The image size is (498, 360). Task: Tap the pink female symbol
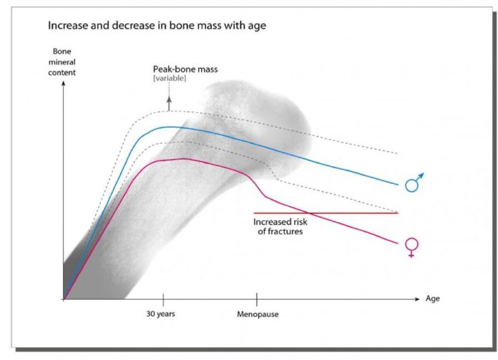[411, 246]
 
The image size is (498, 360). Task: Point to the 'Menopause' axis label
[258, 314]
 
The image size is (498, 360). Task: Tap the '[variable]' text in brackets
[170, 78]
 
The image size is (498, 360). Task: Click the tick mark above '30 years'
[163, 299]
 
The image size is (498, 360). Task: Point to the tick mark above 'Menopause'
[256, 299]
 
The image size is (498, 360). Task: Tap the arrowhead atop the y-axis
[64, 85]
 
